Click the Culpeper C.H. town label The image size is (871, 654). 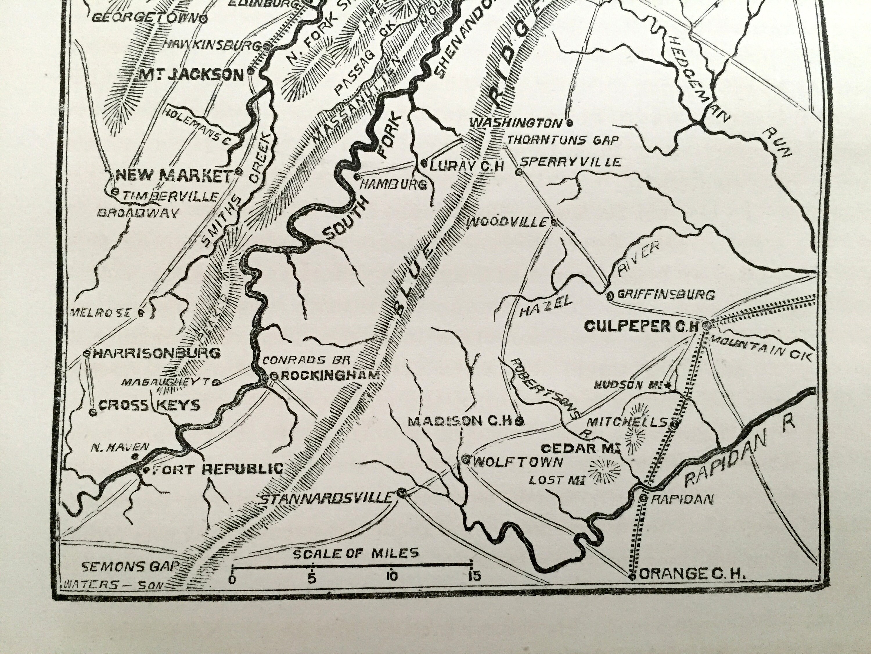[641, 326]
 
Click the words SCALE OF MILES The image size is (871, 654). [356, 553]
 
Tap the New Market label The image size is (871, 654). [173, 176]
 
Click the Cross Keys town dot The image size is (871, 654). [93, 412]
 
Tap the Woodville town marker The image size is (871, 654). [554, 222]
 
